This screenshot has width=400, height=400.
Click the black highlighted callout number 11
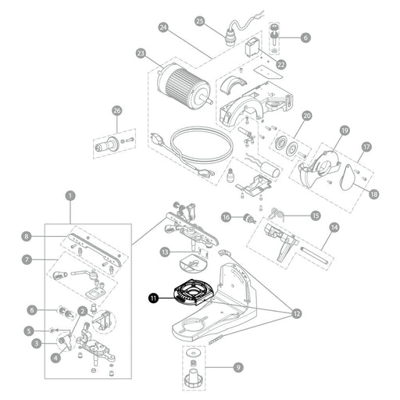coord(154,298)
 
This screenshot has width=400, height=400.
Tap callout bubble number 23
coord(141,54)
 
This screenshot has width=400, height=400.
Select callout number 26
coord(117,111)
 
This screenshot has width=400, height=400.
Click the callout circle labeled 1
coord(70,196)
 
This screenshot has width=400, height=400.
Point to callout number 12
coord(297,313)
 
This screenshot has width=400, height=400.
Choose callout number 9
coord(238,367)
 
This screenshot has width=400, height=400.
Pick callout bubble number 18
coord(374,194)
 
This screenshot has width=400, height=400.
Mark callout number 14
coord(334,227)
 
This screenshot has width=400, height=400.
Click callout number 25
coord(200,21)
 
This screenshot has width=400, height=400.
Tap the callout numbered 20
coord(307,116)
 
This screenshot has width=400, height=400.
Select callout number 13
coord(165,252)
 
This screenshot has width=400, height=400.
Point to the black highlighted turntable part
coord(193,291)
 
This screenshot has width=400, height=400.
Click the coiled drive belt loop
coord(201,144)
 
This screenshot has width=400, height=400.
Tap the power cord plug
coord(157,139)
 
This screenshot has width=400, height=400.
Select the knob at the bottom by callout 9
coord(193,378)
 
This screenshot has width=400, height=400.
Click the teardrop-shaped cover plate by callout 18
coord(348,177)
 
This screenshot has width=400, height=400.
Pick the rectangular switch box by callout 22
coord(252,47)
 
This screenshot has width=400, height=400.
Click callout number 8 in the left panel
coord(27,237)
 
